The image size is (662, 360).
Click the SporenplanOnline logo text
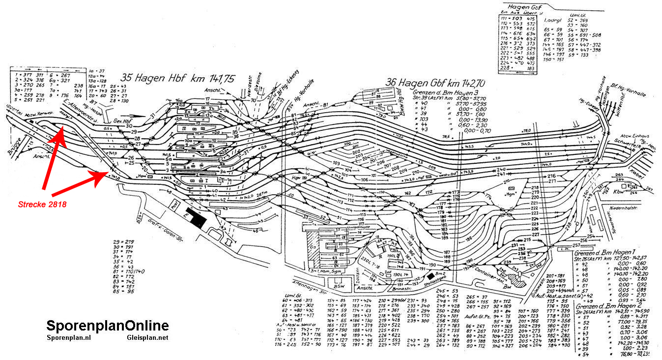(x=108, y=326)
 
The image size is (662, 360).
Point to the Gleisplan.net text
(x=147, y=338)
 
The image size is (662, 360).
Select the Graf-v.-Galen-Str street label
(x=156, y=229)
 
